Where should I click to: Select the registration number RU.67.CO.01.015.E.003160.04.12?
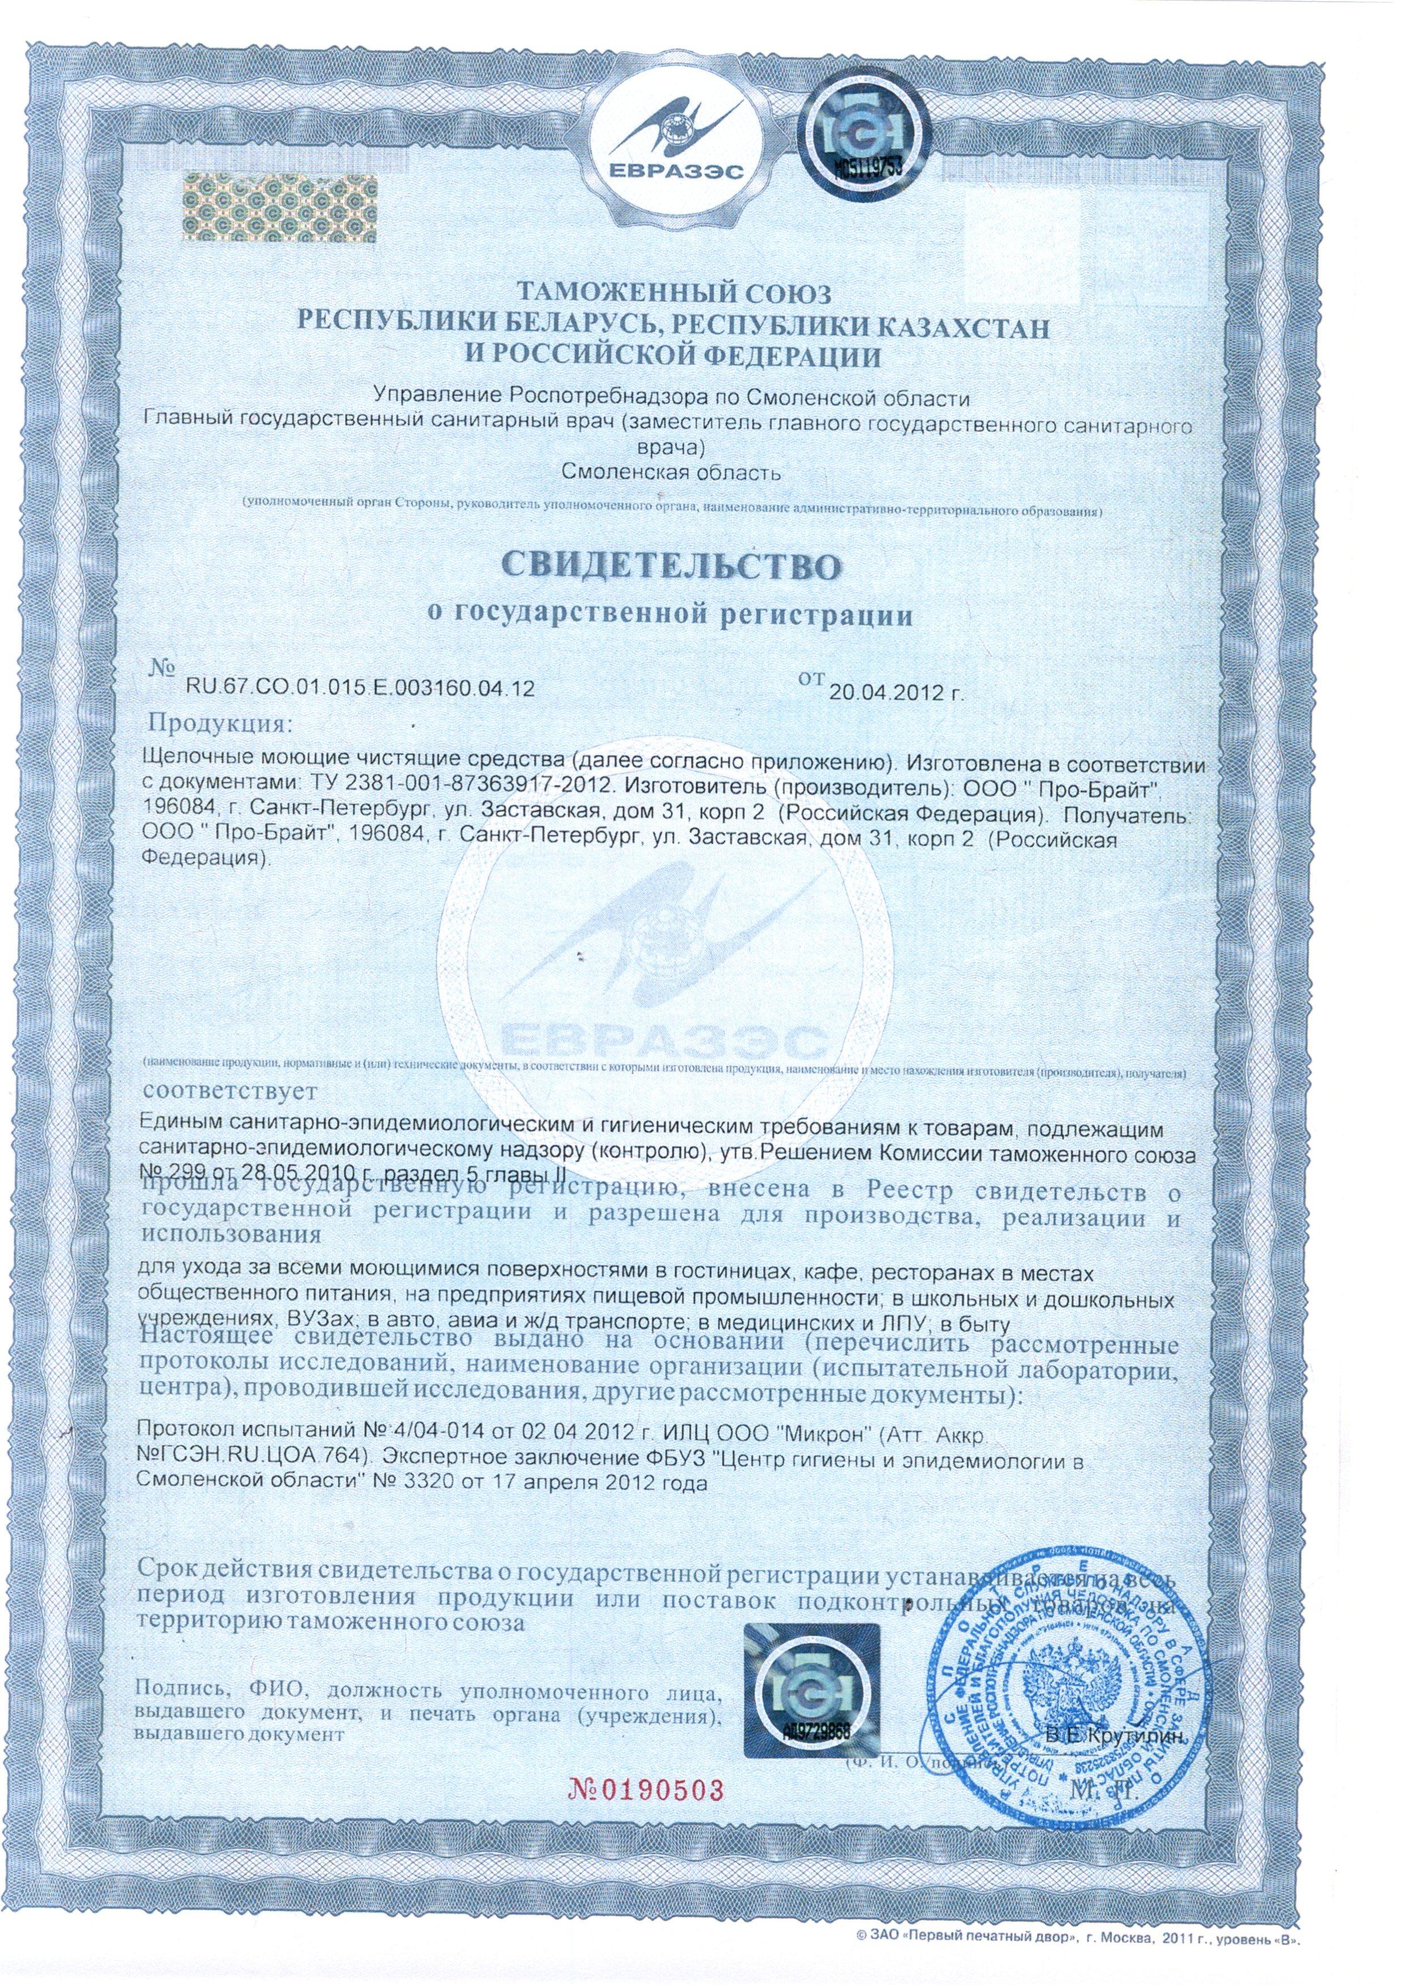coord(359,689)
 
